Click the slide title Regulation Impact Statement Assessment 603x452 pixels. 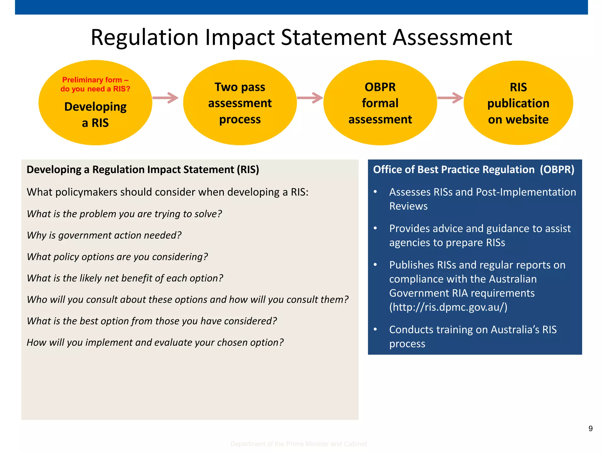coord(301,37)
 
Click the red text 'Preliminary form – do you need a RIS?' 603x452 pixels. coord(95,84)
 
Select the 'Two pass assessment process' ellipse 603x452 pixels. coord(240,103)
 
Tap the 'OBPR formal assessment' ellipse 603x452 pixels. coord(380,103)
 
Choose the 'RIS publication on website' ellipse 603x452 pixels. coord(518,103)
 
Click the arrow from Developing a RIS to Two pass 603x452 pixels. coord(165,98)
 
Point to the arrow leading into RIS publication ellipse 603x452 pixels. coord(450,98)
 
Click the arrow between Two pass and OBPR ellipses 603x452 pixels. coord(310,98)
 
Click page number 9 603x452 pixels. coord(590,428)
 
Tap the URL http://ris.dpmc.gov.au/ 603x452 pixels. coord(448,307)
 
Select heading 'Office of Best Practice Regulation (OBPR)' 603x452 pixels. coord(473,169)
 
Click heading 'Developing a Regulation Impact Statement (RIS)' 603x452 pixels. coord(143,169)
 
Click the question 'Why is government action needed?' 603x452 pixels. coord(104,235)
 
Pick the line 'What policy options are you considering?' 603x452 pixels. coord(117,257)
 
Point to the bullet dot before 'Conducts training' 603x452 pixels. coord(375,329)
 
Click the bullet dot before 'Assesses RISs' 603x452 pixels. coord(375,192)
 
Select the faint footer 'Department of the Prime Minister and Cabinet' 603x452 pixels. coord(298,444)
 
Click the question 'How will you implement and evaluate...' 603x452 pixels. coord(155,342)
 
